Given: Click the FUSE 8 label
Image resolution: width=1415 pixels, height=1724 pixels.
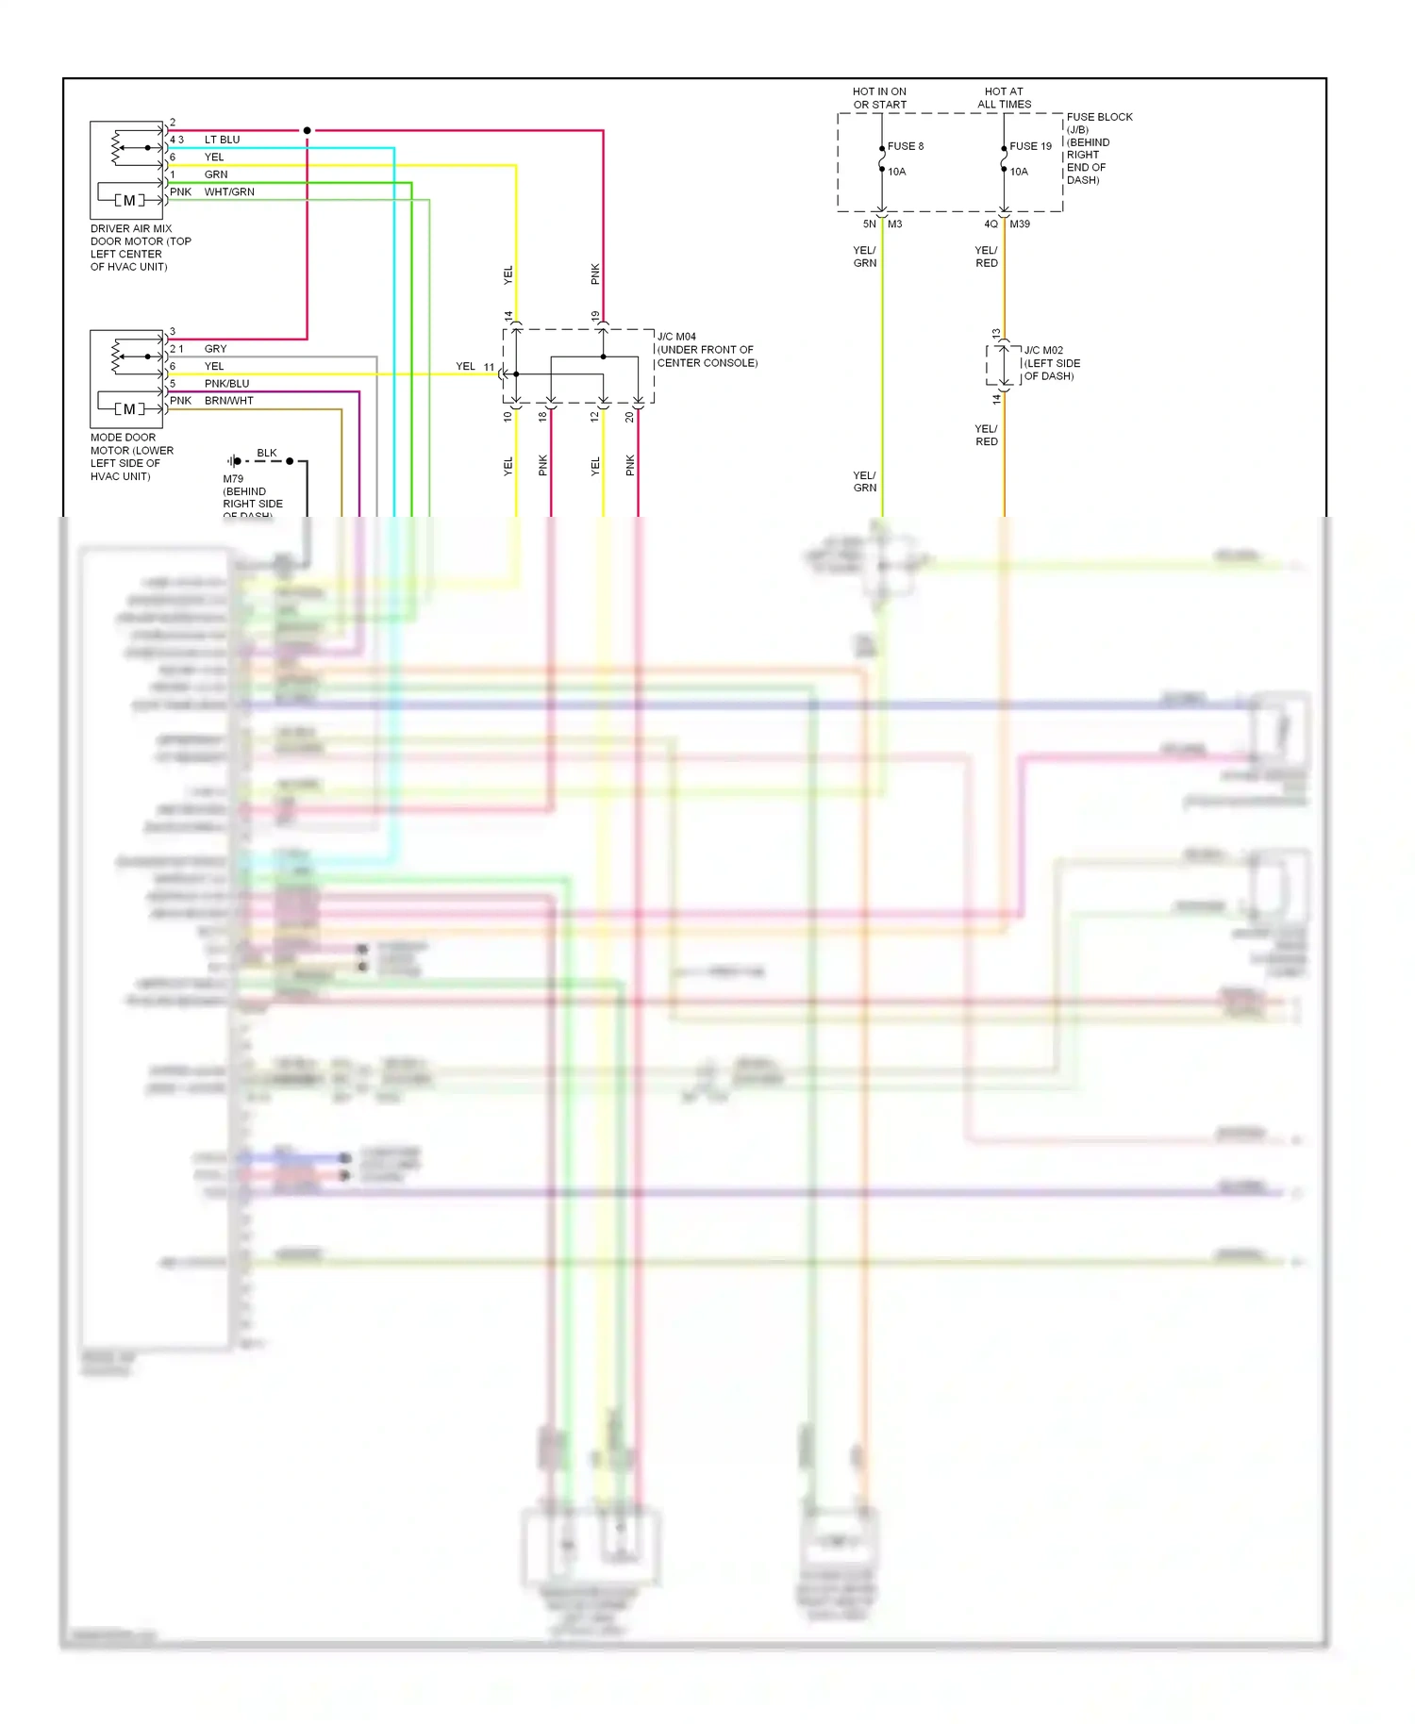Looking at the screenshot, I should pyautogui.click(x=905, y=146).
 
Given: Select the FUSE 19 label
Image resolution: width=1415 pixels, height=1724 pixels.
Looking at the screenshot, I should pyautogui.click(x=1030, y=146).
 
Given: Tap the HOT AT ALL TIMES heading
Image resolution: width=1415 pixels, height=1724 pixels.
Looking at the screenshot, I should pyautogui.click(x=1004, y=98).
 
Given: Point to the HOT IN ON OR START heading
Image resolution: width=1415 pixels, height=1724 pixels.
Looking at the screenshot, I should pyautogui.click(x=879, y=98).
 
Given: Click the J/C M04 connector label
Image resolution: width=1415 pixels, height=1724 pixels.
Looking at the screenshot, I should pyautogui.click(x=676, y=337).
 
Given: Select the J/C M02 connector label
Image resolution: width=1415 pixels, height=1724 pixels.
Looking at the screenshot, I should pyautogui.click(x=1043, y=350).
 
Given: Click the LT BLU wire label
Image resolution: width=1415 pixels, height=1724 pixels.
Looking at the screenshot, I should pyautogui.click(x=222, y=140).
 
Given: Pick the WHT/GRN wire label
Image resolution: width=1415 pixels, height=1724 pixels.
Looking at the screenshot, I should pyautogui.click(x=229, y=191).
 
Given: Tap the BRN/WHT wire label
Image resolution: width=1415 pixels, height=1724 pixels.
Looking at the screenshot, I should pyautogui.click(x=228, y=401).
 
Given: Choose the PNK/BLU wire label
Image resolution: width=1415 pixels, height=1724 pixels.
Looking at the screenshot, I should pyautogui.click(x=226, y=384).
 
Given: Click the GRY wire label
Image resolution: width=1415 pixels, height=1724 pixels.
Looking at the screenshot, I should pyautogui.click(x=215, y=349).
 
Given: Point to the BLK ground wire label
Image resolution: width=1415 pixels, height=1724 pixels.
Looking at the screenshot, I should pyautogui.click(x=267, y=453).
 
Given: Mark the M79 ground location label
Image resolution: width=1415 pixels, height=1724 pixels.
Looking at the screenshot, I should pyautogui.click(x=233, y=479).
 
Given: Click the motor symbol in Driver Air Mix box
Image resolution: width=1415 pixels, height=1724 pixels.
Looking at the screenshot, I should pyautogui.click(x=129, y=200).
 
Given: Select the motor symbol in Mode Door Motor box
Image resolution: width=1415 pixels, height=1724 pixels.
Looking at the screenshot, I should pyautogui.click(x=129, y=409).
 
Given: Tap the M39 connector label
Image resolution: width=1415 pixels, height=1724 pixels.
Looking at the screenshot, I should pyautogui.click(x=1020, y=224).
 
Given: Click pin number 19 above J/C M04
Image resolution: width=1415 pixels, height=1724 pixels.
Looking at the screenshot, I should pyautogui.click(x=595, y=316).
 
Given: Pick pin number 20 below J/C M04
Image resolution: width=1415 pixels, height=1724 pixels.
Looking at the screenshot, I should pyautogui.click(x=630, y=416).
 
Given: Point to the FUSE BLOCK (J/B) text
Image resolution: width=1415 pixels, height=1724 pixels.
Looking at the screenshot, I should pyautogui.click(x=1099, y=124).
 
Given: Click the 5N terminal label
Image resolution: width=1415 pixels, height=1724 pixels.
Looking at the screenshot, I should pyautogui.click(x=869, y=224).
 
